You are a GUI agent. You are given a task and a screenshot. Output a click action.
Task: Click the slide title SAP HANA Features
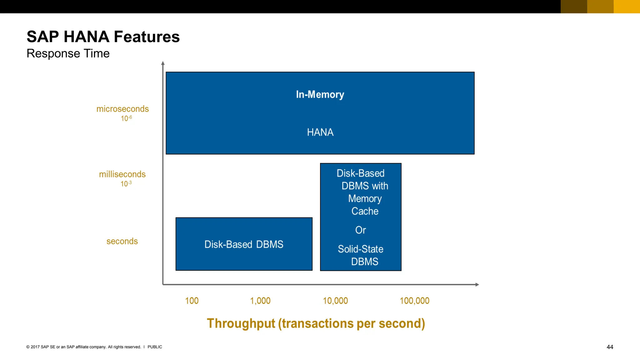[103, 37]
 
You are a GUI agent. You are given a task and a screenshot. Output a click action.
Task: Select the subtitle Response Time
[68, 53]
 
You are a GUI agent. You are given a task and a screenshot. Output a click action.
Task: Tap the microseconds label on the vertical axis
[122, 109]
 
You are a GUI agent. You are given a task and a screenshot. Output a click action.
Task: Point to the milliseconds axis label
[122, 174]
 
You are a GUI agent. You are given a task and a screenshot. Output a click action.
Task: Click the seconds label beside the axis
[122, 241]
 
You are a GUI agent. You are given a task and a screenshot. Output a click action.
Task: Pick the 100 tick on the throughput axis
[192, 301]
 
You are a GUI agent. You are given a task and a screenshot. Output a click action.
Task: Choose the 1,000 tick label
[260, 301]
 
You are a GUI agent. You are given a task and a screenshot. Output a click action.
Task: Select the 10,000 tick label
[335, 301]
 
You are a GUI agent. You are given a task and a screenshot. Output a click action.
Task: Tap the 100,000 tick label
[414, 301]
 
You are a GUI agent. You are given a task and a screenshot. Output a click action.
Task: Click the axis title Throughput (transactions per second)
[316, 323]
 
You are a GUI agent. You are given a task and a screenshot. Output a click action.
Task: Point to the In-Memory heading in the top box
[320, 94]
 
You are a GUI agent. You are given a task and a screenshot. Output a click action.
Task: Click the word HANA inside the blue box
[320, 132]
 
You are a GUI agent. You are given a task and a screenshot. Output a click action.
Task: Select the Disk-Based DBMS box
[244, 244]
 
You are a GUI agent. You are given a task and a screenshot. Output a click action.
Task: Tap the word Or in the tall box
[360, 230]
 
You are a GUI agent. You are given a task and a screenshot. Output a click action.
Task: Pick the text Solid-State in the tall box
[360, 249]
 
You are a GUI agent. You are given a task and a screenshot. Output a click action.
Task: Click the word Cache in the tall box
[365, 211]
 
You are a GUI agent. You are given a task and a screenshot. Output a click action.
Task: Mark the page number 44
[610, 347]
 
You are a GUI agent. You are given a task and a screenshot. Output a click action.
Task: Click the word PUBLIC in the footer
[155, 347]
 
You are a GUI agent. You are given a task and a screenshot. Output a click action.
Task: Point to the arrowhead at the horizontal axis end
[477, 284]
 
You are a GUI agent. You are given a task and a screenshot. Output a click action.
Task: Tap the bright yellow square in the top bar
[627, 7]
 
